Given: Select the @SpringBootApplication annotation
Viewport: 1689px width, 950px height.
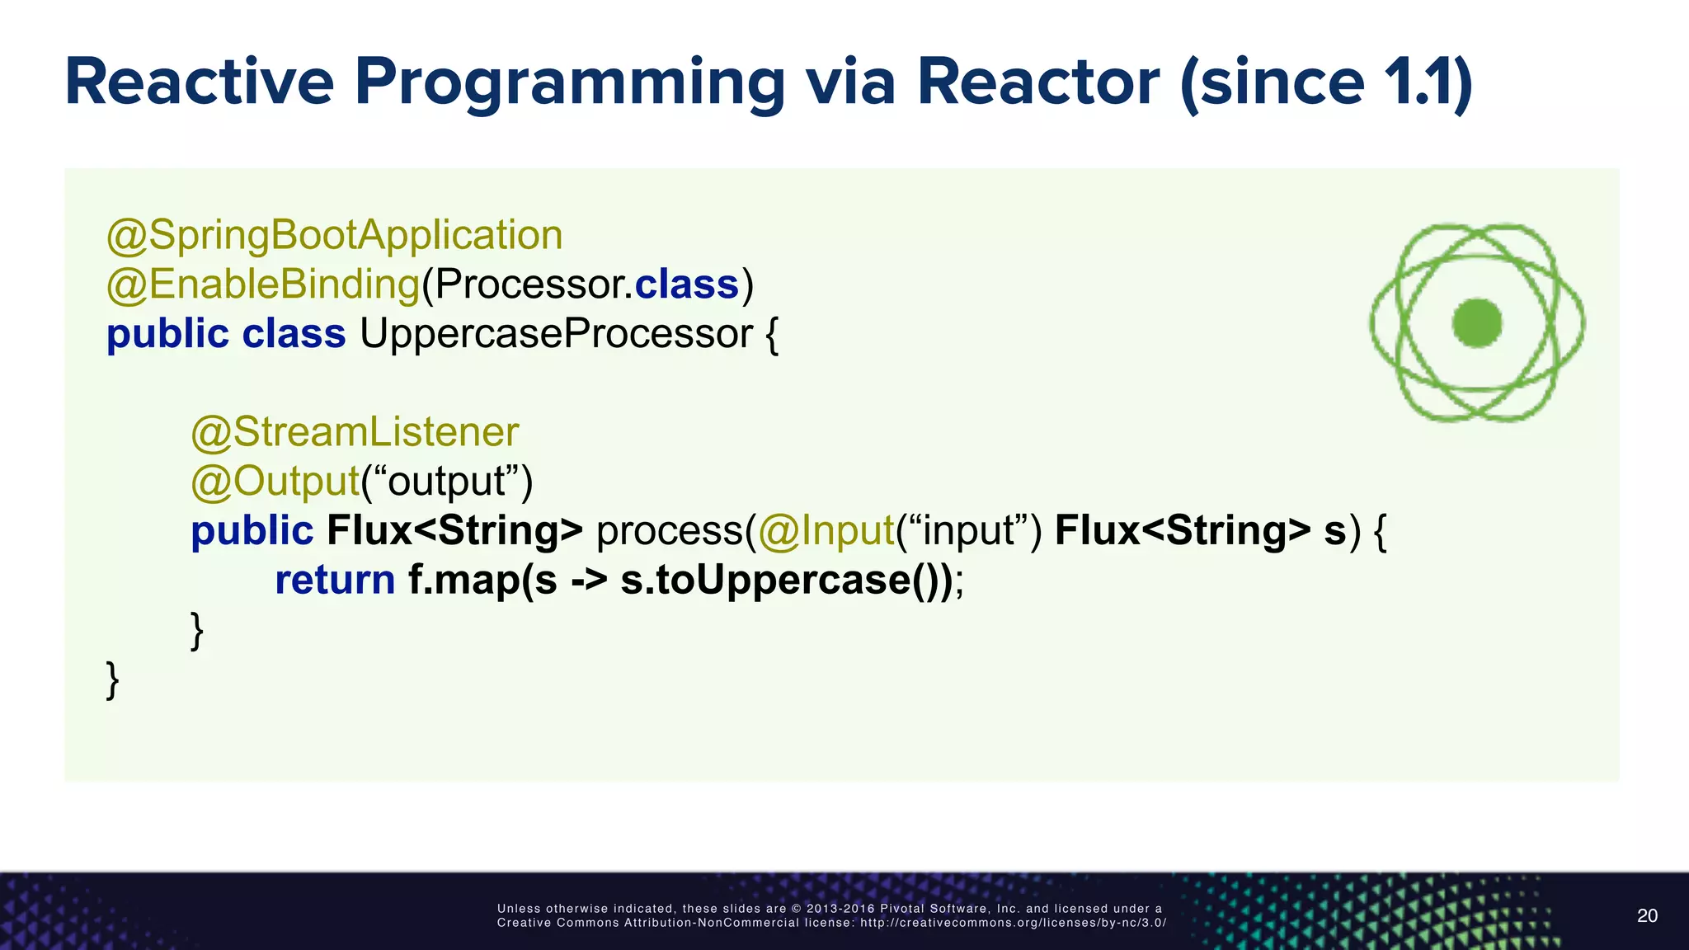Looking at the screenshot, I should point(335,236).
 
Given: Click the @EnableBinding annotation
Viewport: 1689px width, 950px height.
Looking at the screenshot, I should point(263,285).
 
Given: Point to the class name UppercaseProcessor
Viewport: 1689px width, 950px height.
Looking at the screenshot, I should point(556,334).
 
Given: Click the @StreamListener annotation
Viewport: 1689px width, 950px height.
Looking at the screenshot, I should point(355,432).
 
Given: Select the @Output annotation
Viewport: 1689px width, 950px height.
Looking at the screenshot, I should point(275,482).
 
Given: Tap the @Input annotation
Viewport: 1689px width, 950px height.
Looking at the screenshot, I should point(826,530).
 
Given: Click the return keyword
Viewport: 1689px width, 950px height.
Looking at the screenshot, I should point(335,580).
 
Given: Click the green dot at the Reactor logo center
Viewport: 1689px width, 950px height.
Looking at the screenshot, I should point(1476,322).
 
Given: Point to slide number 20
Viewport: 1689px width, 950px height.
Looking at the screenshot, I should point(1647,915).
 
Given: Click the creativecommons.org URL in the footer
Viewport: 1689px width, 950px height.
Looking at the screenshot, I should point(1013,923).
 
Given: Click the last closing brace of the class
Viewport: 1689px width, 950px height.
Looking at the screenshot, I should point(113,680).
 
